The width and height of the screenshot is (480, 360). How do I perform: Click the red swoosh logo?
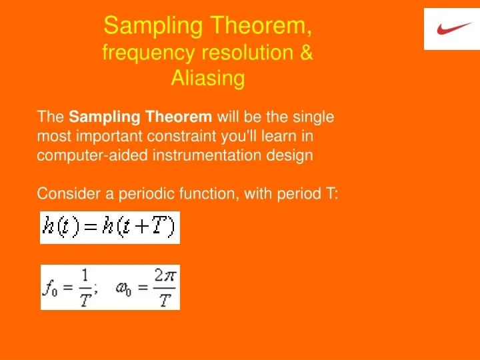click(451, 29)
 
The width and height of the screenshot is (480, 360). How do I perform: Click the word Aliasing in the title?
click(207, 79)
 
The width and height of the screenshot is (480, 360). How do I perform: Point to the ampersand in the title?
click(306, 53)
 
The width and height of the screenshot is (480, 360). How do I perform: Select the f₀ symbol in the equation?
click(51, 289)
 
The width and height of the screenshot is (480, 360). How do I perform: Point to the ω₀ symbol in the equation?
click(123, 289)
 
